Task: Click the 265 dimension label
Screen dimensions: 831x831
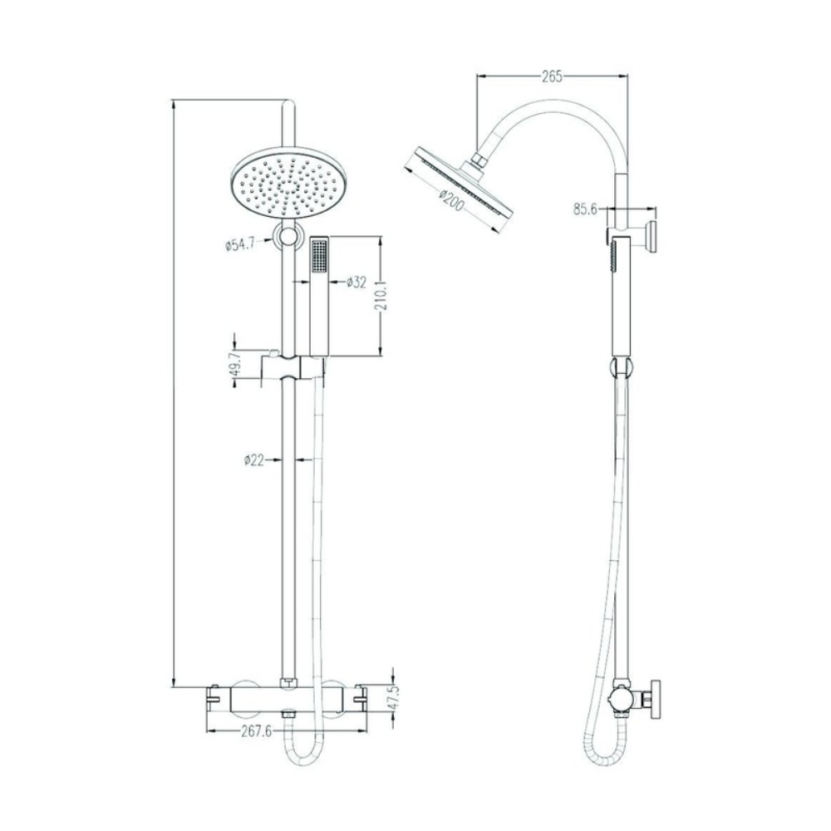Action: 552,76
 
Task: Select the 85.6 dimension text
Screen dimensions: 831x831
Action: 584,209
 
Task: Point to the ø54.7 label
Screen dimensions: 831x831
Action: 240,245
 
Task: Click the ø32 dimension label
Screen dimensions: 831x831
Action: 356,282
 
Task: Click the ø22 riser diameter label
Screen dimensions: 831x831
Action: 253,460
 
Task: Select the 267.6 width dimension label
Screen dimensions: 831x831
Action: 257,732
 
